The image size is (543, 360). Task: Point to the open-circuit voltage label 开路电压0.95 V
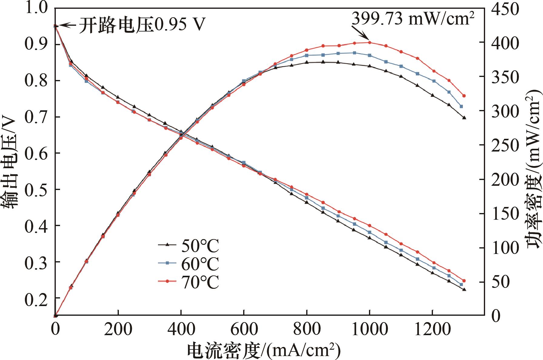[x=142, y=25]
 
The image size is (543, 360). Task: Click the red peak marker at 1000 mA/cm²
[x=369, y=42]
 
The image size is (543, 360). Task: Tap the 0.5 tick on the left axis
[x=36, y=189]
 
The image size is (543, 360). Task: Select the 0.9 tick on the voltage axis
[x=36, y=44]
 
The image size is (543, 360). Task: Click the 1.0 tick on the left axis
[x=36, y=8]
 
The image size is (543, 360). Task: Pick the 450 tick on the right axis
[x=505, y=9]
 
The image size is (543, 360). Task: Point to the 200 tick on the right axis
[x=505, y=180]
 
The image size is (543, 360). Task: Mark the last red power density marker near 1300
[x=464, y=96]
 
